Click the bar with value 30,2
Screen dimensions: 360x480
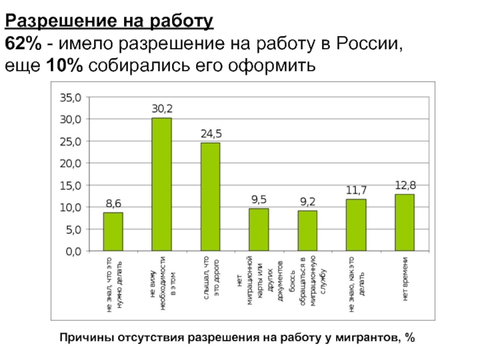point(161,184)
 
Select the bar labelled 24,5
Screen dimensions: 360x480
point(210,197)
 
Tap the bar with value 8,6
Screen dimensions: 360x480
point(113,232)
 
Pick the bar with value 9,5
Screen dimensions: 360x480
point(259,230)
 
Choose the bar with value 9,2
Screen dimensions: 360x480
point(307,230)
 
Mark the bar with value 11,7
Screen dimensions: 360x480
point(356,225)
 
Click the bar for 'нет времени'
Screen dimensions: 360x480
point(404,223)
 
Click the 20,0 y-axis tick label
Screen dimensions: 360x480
point(71,163)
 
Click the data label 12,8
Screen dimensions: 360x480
point(405,186)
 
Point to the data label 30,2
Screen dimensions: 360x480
point(161,109)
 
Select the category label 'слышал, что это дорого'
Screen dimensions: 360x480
point(211,279)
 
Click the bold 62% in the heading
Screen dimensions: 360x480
point(24,44)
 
